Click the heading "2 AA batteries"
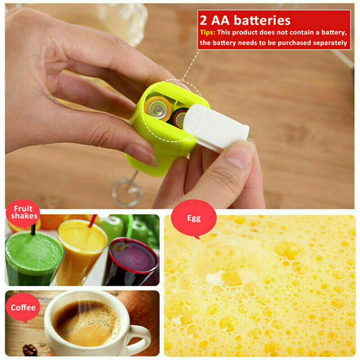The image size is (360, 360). [245, 20]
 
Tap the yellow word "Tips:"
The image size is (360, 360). [207, 32]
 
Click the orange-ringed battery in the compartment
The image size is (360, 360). [158, 108]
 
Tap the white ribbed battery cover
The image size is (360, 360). [216, 128]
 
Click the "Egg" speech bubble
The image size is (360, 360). [194, 218]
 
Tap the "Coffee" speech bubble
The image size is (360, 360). [23, 307]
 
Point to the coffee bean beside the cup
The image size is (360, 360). [29, 350]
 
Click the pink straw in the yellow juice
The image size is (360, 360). [93, 221]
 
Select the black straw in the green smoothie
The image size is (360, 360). [33, 229]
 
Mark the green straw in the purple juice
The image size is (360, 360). [129, 227]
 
